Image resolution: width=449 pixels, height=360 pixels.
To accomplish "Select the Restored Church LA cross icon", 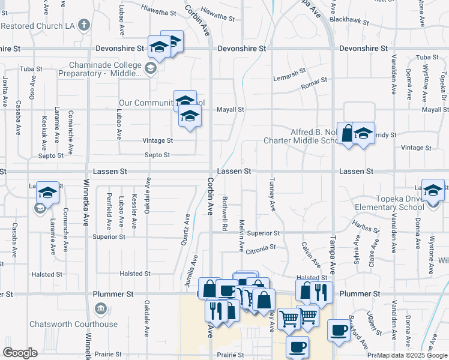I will click(x=84, y=26).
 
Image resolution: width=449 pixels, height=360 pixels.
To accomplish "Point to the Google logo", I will click(x=20, y=353).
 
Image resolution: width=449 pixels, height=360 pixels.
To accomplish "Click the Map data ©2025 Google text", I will click(x=412, y=355).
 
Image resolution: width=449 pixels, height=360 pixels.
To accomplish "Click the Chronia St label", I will click(x=260, y=247).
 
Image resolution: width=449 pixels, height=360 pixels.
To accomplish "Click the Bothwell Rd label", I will click(x=224, y=214).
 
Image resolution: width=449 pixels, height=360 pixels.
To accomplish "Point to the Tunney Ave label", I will click(x=272, y=194).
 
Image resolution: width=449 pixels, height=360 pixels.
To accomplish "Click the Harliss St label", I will click(x=362, y=227).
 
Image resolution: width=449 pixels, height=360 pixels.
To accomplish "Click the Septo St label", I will click(x=158, y=155).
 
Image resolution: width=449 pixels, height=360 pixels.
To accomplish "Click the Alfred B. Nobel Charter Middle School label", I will click(x=303, y=136).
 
